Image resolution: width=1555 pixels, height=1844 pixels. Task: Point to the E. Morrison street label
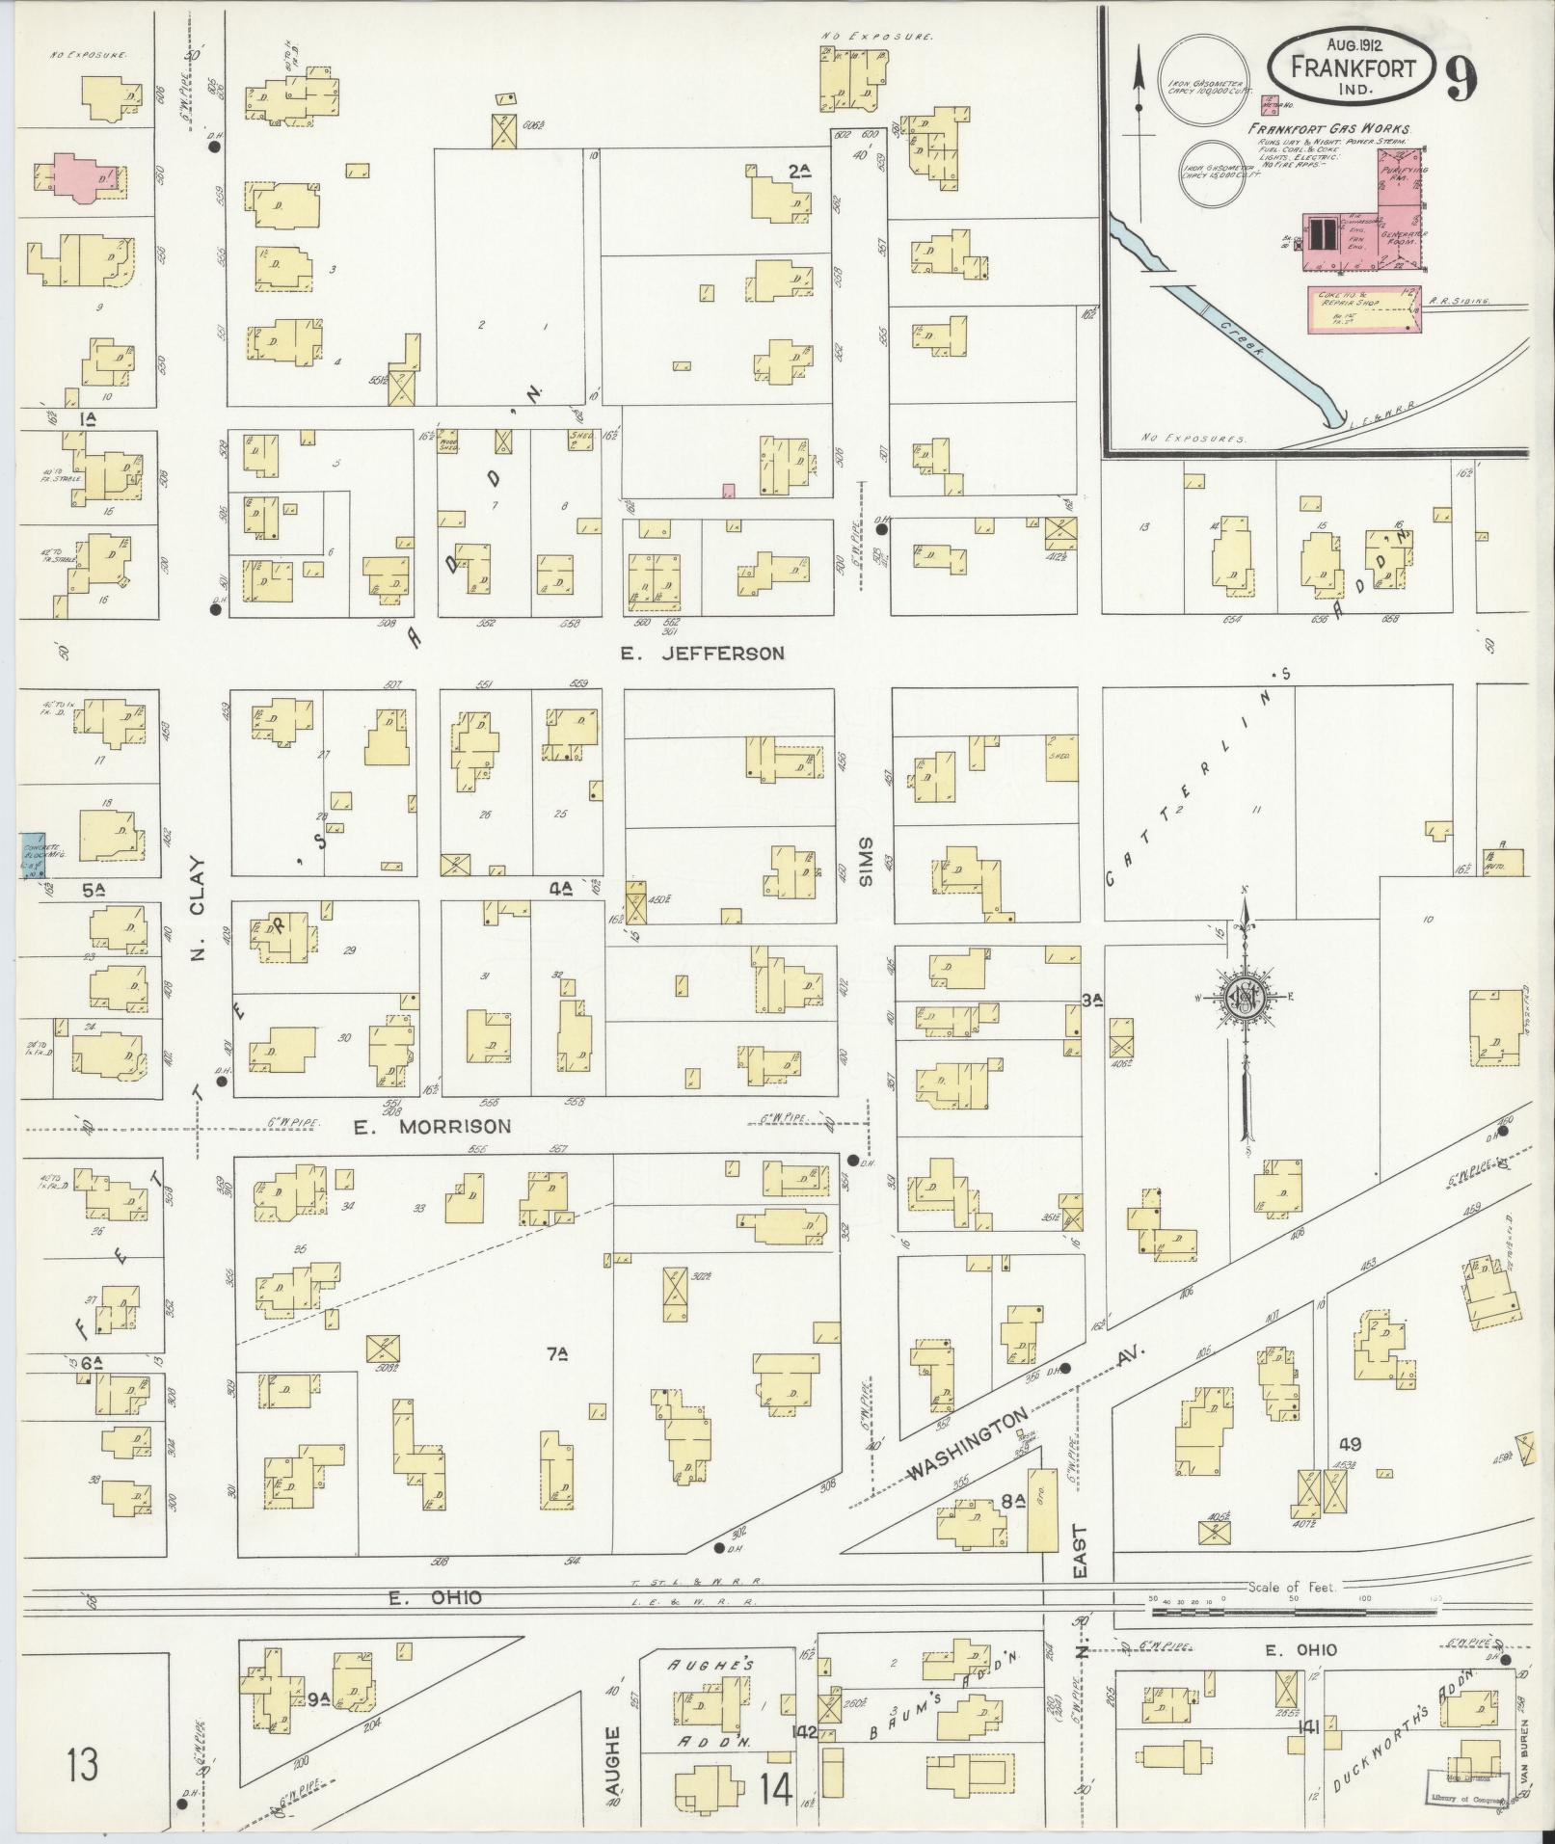pyautogui.click(x=431, y=1126)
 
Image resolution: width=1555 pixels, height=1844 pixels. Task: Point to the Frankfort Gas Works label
pyautogui.click(x=1329, y=128)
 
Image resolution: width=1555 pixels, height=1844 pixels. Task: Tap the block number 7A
pyautogui.click(x=556, y=1354)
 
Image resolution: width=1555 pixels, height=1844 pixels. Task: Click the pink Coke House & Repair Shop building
pyautogui.click(x=1364, y=309)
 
